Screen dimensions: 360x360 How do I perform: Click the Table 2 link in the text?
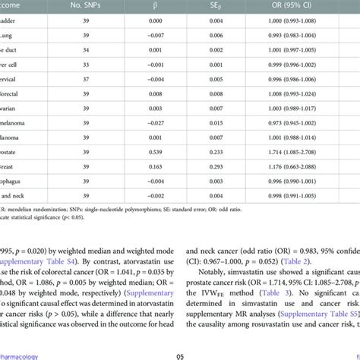[x=293, y=261]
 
